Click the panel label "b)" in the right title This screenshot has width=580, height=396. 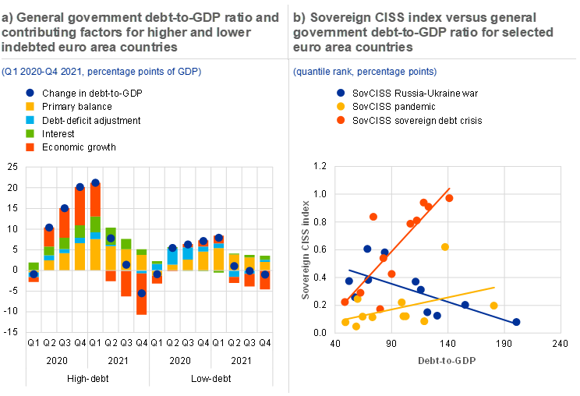coord(299,17)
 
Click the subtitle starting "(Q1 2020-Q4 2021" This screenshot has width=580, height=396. coord(101,72)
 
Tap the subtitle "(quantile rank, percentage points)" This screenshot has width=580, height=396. coord(364,72)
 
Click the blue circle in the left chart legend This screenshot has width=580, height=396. coord(30,92)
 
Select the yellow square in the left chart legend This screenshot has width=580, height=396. coord(30,106)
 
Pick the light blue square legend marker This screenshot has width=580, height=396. coord(30,119)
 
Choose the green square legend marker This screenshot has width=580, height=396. coord(30,133)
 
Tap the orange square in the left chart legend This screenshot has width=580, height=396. coord(30,147)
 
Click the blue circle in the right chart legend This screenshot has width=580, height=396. coord(341,92)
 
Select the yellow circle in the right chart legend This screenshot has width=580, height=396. coord(341,106)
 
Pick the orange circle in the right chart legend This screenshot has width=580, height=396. coord(341,120)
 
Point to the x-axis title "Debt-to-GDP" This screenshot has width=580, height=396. coord(447,361)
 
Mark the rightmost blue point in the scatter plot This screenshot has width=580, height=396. coord(516,321)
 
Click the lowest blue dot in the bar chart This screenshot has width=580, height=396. coord(141,293)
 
